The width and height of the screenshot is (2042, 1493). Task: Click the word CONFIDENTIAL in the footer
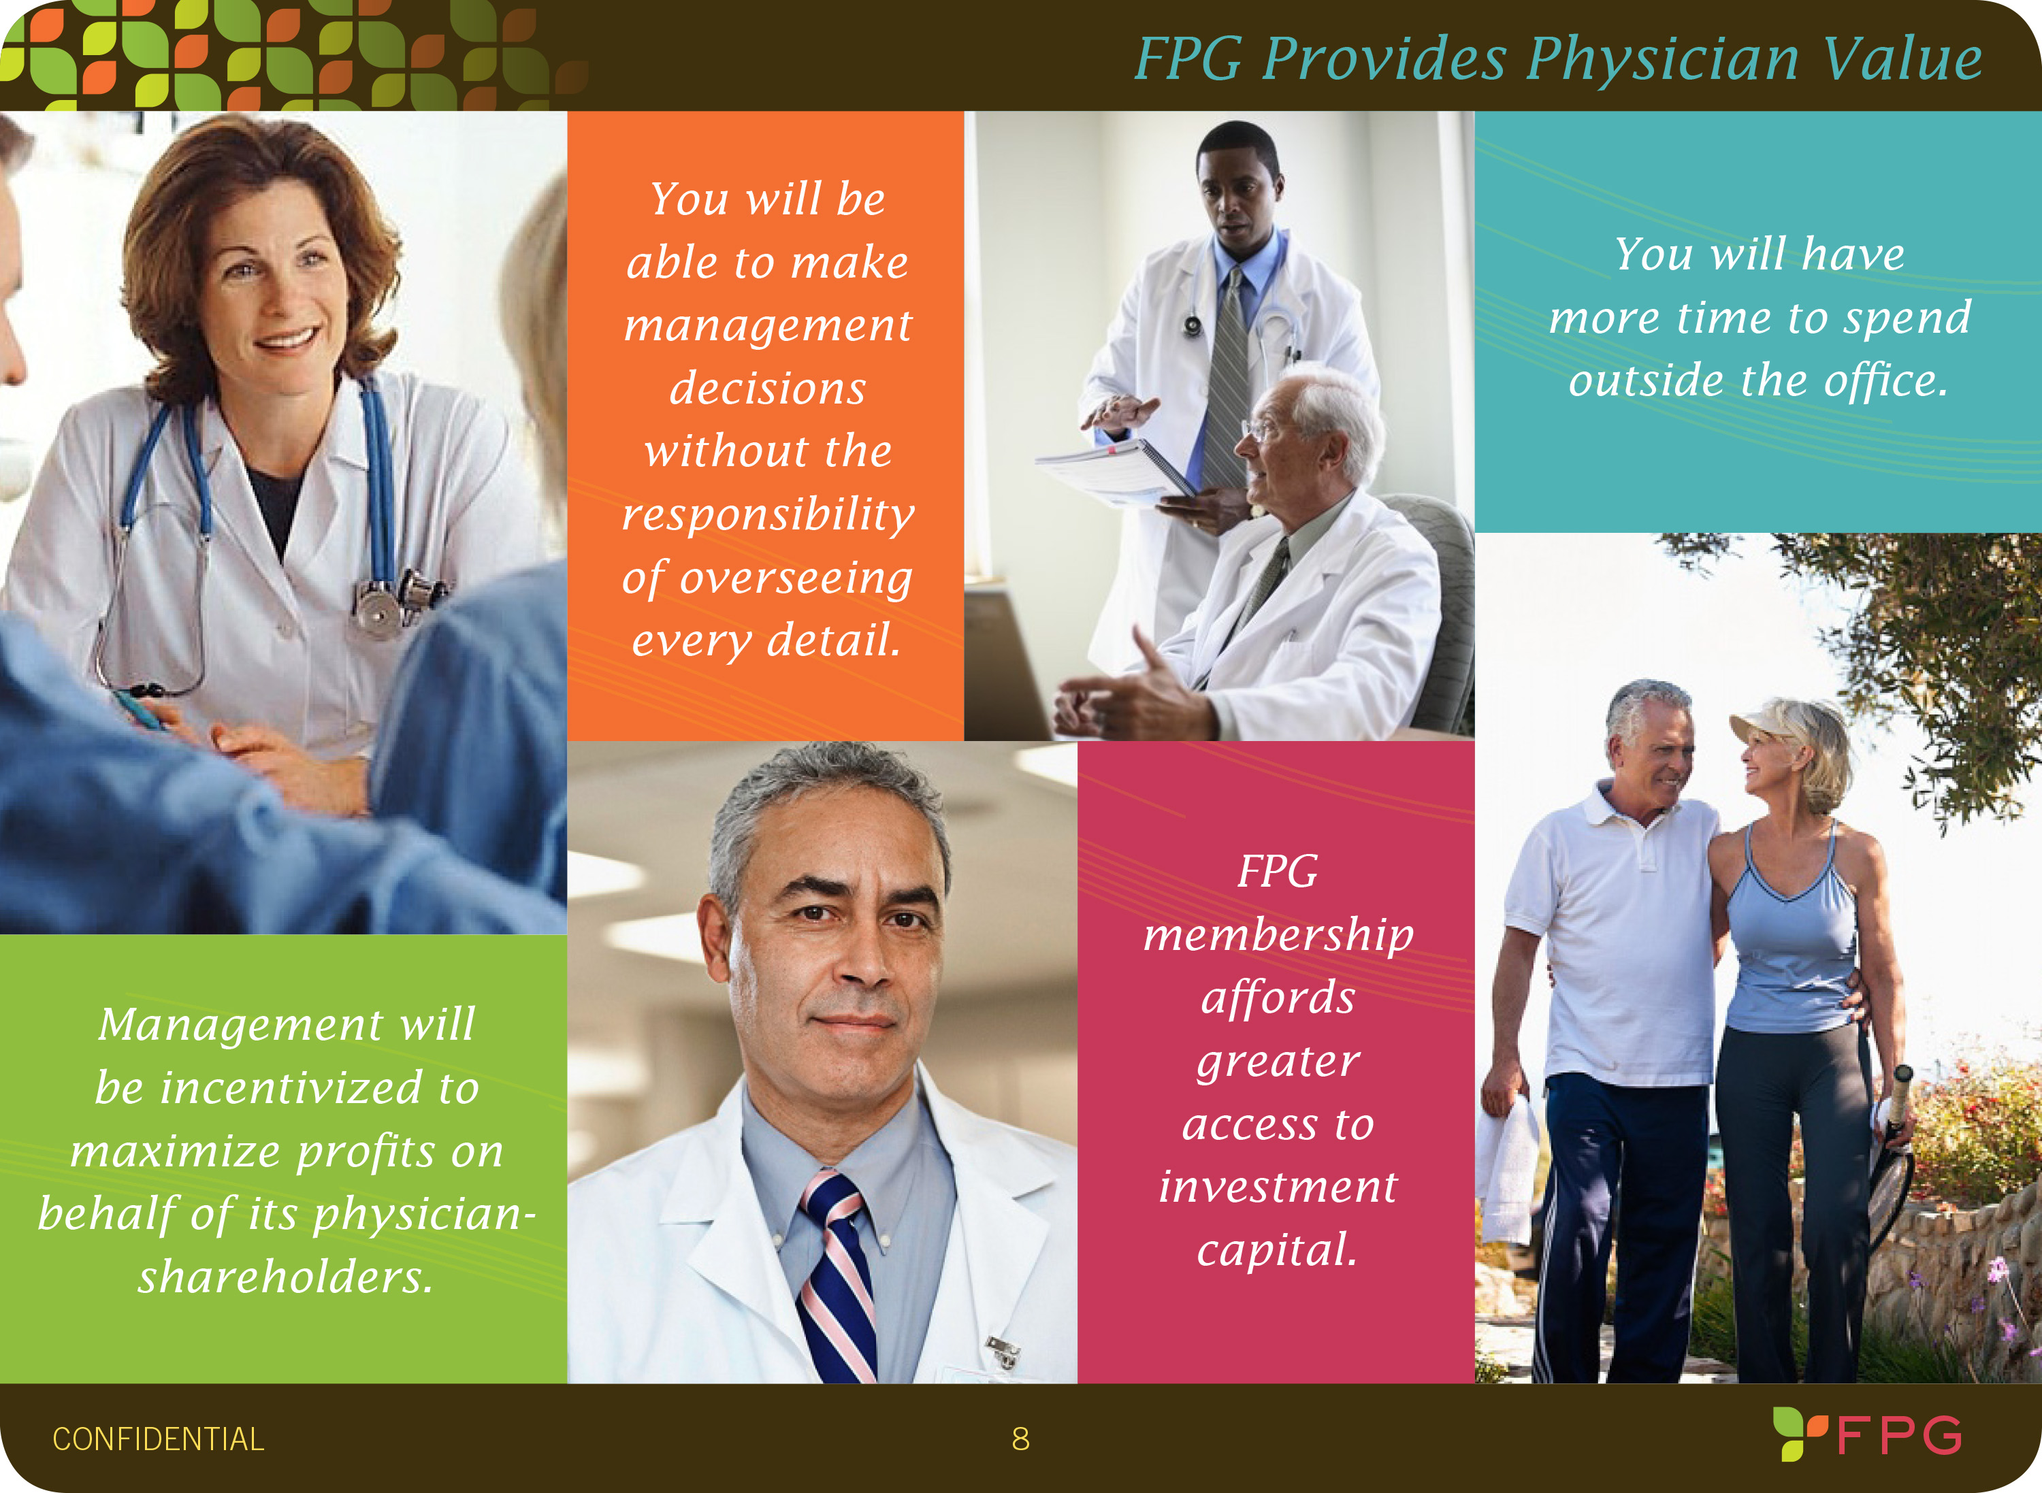coord(158,1439)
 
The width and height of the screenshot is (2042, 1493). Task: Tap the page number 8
coord(1020,1439)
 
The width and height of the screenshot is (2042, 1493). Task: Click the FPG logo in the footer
coord(1868,1434)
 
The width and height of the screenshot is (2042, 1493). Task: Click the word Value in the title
coord(1902,59)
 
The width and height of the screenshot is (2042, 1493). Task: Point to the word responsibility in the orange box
coord(768,514)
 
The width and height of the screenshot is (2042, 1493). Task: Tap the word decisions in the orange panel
coord(767,388)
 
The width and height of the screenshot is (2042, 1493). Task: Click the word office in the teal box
coord(1885,380)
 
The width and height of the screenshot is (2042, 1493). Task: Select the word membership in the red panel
coord(1278,936)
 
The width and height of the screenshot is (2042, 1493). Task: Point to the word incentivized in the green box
coord(291,1087)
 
